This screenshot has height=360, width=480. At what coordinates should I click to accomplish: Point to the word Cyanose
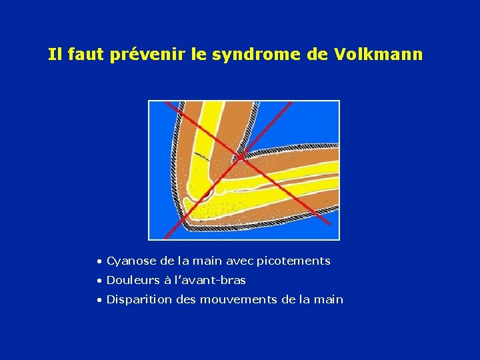click(x=131, y=261)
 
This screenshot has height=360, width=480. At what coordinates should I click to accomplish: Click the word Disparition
click(x=137, y=299)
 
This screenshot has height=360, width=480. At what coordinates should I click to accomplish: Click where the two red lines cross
click(x=237, y=157)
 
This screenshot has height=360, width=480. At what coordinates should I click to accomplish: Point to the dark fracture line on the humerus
click(x=199, y=155)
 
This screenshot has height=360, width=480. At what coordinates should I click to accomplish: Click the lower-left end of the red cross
click(x=165, y=237)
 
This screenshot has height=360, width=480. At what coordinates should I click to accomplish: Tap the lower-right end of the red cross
click(x=330, y=224)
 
